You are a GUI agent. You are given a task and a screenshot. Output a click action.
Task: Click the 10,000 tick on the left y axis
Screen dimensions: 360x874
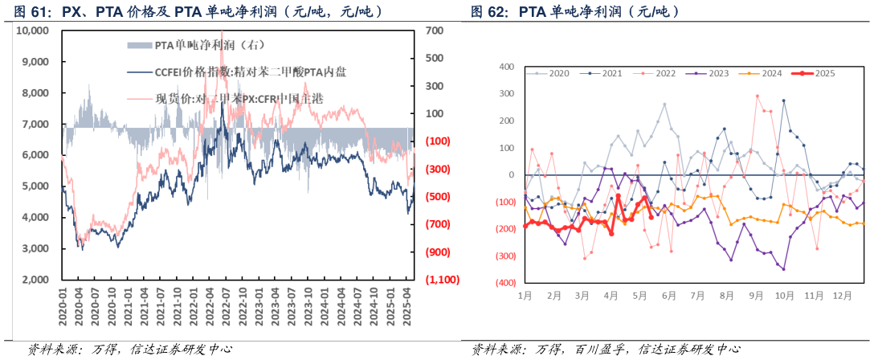point(33,30)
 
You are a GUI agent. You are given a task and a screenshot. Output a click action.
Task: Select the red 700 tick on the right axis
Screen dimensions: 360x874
point(435,31)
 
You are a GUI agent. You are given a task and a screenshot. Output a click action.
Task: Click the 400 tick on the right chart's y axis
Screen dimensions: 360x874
point(506,67)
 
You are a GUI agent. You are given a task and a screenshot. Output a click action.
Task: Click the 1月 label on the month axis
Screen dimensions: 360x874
point(525,296)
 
